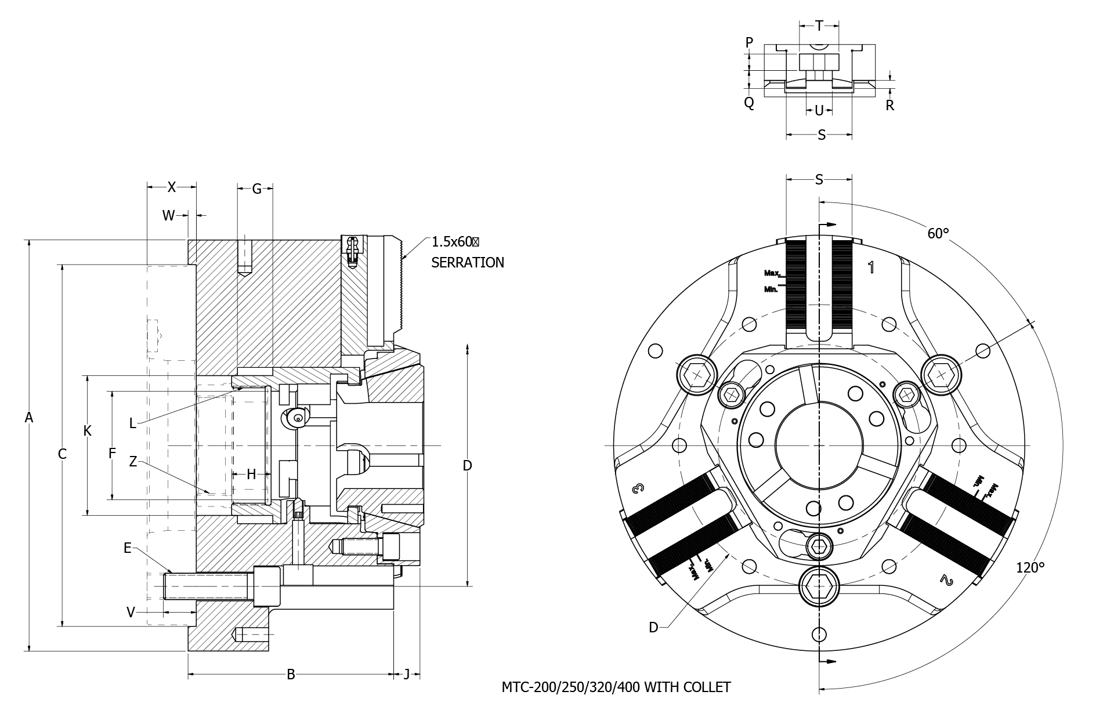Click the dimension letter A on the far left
pyautogui.click(x=28, y=417)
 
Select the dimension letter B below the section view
pyautogui.click(x=291, y=674)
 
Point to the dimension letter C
pyautogui.click(x=62, y=454)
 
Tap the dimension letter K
pyautogui.click(x=87, y=431)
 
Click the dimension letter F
pyautogui.click(x=113, y=454)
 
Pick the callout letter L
pyautogui.click(x=132, y=423)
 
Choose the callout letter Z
pyautogui.click(x=133, y=462)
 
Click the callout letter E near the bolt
pyautogui.click(x=128, y=548)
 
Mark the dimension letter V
pyautogui.click(x=131, y=612)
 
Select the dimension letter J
pyautogui.click(x=407, y=674)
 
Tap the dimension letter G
pyautogui.click(x=256, y=189)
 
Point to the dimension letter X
pyautogui.click(x=172, y=187)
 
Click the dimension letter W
pyautogui.click(x=168, y=216)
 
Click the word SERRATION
pyautogui.click(x=468, y=263)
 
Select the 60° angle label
pyautogui.click(x=938, y=233)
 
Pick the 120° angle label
pyautogui.click(x=1030, y=567)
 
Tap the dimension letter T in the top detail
pyautogui.click(x=819, y=26)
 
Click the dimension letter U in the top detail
pyautogui.click(x=819, y=110)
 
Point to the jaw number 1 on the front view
pyautogui.click(x=871, y=267)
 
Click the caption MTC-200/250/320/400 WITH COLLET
pyautogui.click(x=616, y=687)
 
